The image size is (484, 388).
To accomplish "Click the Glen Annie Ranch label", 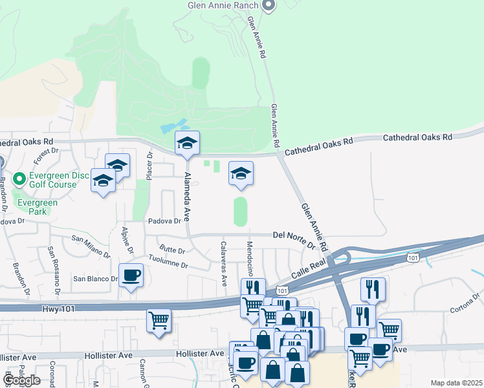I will coord(223,5).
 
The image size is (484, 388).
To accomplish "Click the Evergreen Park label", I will coord(37,207).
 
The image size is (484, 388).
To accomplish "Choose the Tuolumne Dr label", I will coord(167,261).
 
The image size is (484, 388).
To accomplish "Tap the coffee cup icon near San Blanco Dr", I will coord(131,275).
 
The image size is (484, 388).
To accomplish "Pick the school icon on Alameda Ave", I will coord(188,144).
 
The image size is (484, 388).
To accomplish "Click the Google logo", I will coord(21,380).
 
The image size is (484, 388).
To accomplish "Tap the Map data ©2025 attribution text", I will coord(456,383).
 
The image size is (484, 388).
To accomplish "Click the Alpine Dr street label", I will coord(127,240).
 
